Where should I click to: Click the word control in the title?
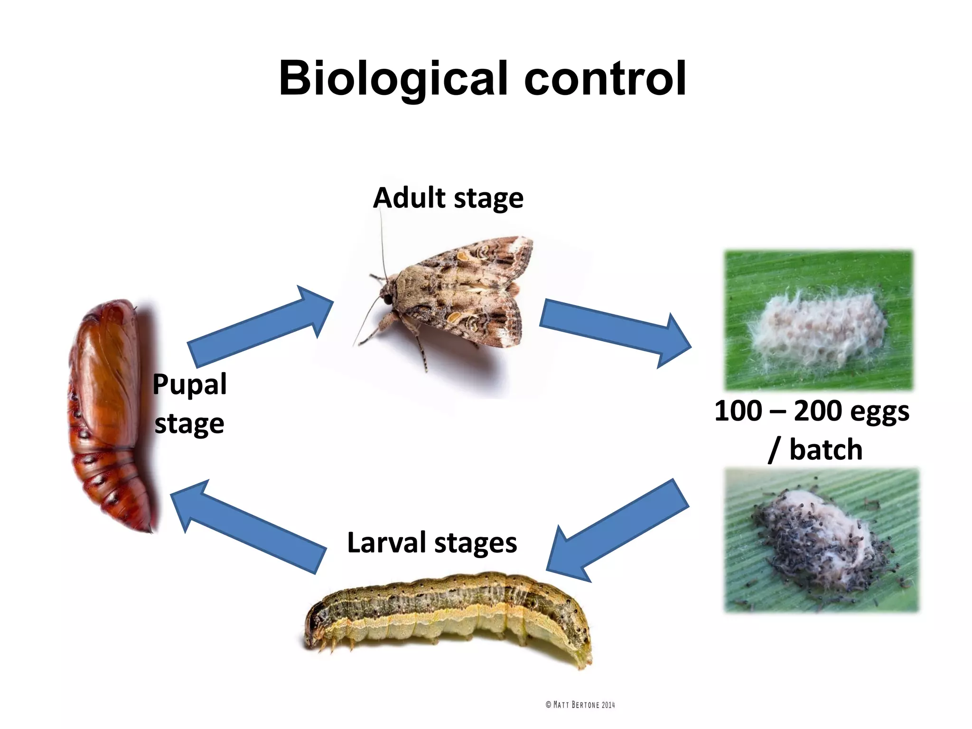[605, 78]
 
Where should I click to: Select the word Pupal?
[189, 384]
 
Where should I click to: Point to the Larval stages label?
[432, 542]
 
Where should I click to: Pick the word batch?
[826, 450]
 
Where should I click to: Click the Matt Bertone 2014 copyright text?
[580, 705]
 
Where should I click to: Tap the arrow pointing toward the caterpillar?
[617, 532]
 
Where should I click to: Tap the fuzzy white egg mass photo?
[818, 320]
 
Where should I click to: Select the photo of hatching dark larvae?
[822, 540]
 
